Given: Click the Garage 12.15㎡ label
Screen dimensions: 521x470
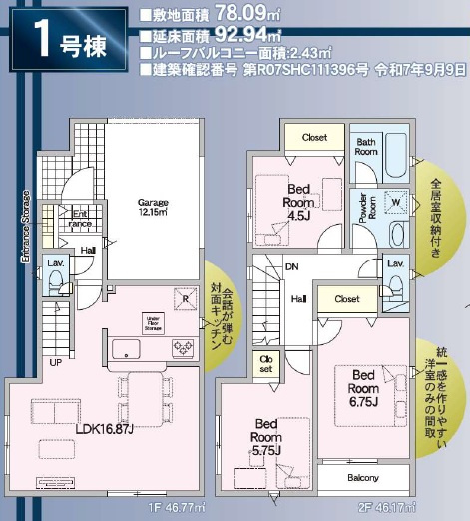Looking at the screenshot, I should coord(153,206).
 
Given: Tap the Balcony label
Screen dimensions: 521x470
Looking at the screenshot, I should coord(363,477).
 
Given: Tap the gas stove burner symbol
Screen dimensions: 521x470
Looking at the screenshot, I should coord(184,347).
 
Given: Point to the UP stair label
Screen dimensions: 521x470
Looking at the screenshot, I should coord(57,362).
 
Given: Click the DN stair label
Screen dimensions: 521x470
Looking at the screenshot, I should coord(291,266).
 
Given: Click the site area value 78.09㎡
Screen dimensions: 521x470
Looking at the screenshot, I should coord(242,15).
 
